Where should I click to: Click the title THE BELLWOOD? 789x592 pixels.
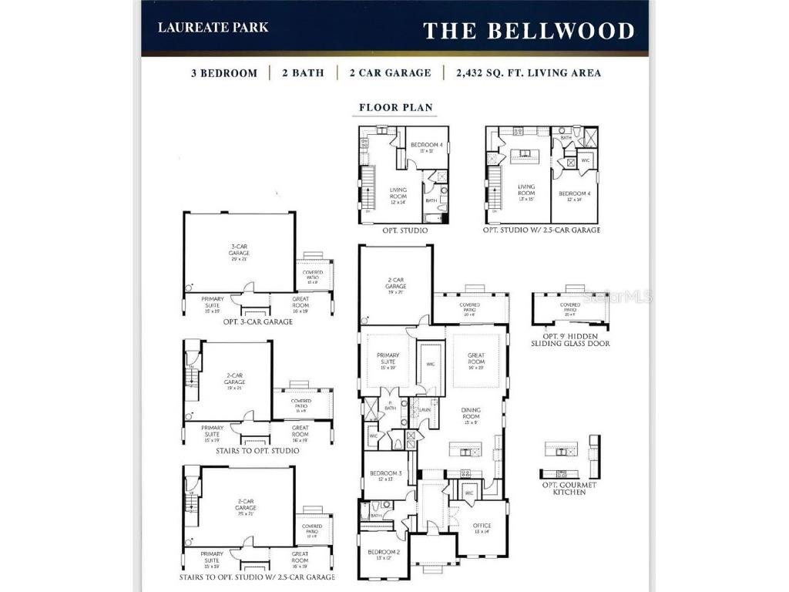[x=529, y=31]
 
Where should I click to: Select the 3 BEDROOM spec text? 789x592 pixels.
[x=224, y=73]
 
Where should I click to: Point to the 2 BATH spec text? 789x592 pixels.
[x=303, y=73]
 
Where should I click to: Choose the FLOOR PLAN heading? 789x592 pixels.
[x=396, y=108]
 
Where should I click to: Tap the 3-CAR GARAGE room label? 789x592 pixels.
[x=239, y=250]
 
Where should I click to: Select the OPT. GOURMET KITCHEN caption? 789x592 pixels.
[x=569, y=488]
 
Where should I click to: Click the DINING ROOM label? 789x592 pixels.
[x=470, y=414]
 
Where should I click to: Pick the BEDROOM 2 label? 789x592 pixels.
[x=383, y=553]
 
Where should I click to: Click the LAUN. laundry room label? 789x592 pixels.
[x=424, y=409]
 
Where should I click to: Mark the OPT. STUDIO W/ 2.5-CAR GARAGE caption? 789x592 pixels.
[x=541, y=230]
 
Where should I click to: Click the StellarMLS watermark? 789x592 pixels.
[x=616, y=296]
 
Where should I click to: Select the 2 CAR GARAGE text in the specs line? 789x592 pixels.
[x=390, y=73]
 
